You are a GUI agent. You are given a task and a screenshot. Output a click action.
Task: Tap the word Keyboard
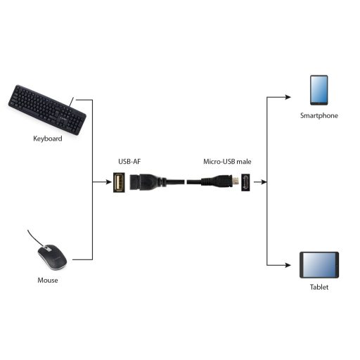[x=48, y=139]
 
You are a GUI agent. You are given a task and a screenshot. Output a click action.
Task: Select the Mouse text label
[x=48, y=281]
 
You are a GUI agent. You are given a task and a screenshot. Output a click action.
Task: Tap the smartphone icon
[x=319, y=89]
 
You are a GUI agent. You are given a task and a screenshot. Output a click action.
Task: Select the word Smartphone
[x=319, y=115]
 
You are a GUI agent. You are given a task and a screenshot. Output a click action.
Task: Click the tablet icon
[x=319, y=265]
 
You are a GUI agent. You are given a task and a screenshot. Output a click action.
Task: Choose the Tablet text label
[x=319, y=288]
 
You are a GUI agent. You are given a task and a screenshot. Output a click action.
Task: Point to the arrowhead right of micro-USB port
[x=264, y=182]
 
